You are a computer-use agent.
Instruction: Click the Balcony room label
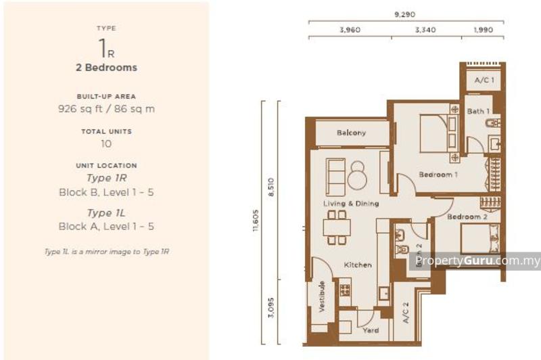[x=351, y=133]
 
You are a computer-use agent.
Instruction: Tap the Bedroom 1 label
[x=438, y=175]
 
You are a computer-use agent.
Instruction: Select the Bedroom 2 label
[x=467, y=217]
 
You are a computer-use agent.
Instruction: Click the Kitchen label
[x=357, y=265]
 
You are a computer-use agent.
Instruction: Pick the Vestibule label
[x=322, y=296]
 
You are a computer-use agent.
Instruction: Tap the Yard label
[x=370, y=330]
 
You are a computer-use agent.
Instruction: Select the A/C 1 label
[x=484, y=81]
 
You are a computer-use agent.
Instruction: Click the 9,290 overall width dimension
[x=406, y=13]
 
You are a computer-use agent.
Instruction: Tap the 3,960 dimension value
[x=349, y=30]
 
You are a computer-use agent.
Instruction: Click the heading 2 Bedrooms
[x=107, y=68]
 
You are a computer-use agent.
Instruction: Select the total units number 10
[x=107, y=143]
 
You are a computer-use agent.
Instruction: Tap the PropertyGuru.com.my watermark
[x=477, y=261]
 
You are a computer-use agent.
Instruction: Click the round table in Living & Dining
[x=357, y=178]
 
